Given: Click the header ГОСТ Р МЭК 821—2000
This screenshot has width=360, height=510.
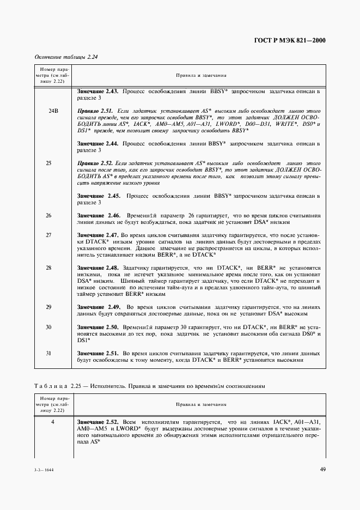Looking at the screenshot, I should [295, 40].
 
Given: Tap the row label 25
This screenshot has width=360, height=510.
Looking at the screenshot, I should [49, 163].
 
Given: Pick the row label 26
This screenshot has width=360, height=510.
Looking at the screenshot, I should [49, 215].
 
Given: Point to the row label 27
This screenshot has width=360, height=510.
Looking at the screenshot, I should [49, 235].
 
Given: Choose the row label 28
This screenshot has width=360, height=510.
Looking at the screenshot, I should [49, 268].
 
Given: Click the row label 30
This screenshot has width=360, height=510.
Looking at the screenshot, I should [49, 327].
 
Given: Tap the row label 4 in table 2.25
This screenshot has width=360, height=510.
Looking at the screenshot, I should [49, 422].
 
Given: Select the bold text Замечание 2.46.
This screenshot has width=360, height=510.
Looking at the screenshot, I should [99, 215].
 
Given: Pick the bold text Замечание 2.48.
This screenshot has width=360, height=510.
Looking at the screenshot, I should [99, 268].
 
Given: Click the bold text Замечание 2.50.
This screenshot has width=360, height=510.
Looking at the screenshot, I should [99, 327].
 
